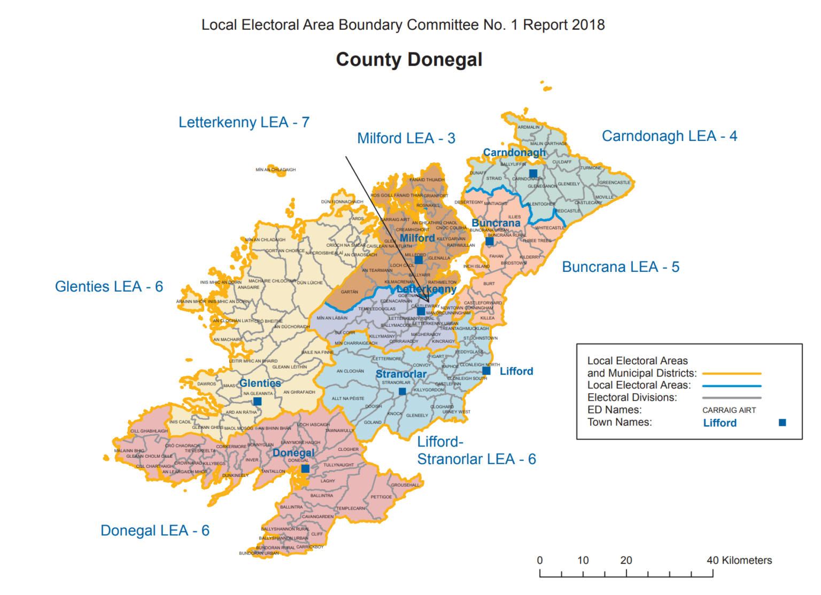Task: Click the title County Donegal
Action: pyautogui.click(x=409, y=59)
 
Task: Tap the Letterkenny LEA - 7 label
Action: pyautogui.click(x=244, y=122)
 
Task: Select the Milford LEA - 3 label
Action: pyautogui.click(x=406, y=138)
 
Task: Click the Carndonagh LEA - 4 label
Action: pyautogui.click(x=669, y=136)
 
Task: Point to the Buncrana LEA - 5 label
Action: pyautogui.click(x=621, y=267)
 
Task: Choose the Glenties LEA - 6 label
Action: pyautogui.click(x=109, y=287)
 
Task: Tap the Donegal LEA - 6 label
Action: pyautogui.click(x=155, y=530)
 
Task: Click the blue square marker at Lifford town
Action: pyautogui.click(x=486, y=371)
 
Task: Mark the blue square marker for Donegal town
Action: pyautogui.click(x=305, y=468)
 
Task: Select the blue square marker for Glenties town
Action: pyautogui.click(x=257, y=401)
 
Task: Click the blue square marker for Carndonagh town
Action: pyautogui.click(x=533, y=173)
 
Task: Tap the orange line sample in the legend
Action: pyautogui.click(x=732, y=374)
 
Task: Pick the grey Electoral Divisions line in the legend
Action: pyautogui.click(x=732, y=398)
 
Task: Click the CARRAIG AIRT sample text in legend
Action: pyautogui.click(x=729, y=410)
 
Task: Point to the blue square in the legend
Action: pyautogui.click(x=783, y=422)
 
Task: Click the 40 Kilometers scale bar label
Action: pyautogui.click(x=739, y=560)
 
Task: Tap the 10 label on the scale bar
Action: pyautogui.click(x=583, y=560)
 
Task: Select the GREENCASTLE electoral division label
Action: pyautogui.click(x=615, y=183)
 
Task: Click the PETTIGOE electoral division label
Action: pyautogui.click(x=381, y=497)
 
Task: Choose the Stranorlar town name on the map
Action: pyautogui.click(x=401, y=374)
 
